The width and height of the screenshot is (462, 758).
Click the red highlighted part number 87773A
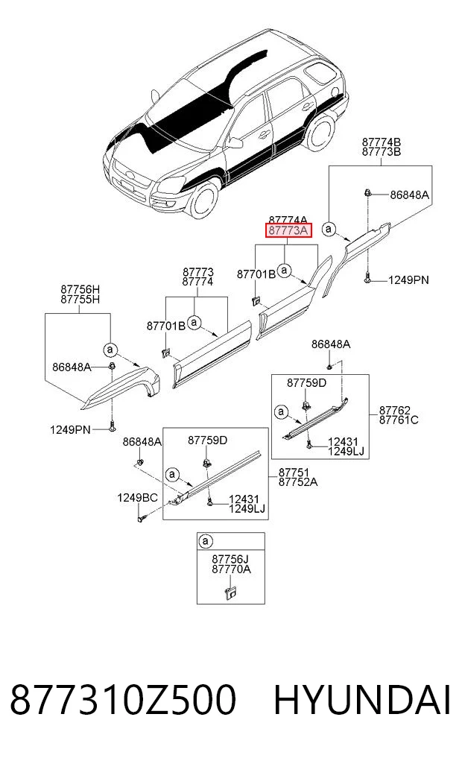288,230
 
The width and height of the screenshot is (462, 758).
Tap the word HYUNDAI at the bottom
362,700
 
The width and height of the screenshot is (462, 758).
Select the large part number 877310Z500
123,700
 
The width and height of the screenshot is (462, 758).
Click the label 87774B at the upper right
382,142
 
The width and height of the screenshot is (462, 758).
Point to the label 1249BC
137,497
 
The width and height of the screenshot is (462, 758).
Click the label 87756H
80,290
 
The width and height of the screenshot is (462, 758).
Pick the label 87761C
399,420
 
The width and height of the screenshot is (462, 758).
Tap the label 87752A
297,482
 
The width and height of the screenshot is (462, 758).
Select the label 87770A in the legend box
231,569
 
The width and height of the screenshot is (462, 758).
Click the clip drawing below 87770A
230,592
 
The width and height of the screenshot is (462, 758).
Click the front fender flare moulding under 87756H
121,388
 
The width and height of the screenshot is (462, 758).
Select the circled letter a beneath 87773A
285,271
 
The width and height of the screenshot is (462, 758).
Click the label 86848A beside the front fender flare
72,367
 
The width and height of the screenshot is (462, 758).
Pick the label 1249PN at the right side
408,280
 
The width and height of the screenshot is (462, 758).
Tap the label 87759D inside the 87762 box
306,383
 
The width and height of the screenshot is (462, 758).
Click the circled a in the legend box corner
206,541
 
